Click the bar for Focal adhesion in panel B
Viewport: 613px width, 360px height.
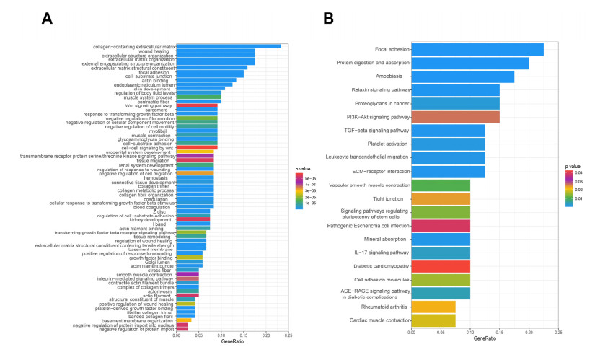(x=477, y=49)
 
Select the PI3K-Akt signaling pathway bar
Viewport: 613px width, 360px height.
(x=455, y=116)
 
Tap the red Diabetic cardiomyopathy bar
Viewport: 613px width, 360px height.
(x=440, y=266)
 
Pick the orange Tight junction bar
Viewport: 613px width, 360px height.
(x=440, y=198)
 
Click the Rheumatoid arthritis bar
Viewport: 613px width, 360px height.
(x=433, y=307)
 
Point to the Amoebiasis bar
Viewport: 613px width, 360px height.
(x=462, y=76)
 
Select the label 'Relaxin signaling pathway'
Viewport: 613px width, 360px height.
(x=380, y=90)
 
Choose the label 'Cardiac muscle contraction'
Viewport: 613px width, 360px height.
(x=379, y=320)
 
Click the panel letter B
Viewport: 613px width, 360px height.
(x=328, y=17)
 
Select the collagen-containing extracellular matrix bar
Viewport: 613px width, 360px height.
(x=229, y=47)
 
